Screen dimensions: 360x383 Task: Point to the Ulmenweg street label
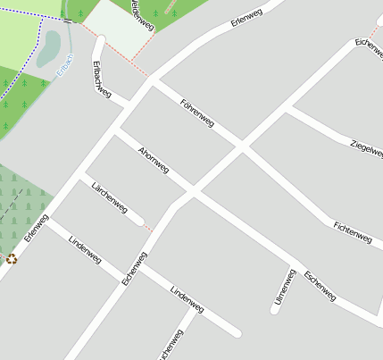tap(284, 287)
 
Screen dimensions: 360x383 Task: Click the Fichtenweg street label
tap(352, 231)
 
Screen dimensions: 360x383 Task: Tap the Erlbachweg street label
tap(101, 79)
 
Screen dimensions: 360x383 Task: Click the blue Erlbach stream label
tap(62, 68)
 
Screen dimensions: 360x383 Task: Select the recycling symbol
tap(12, 259)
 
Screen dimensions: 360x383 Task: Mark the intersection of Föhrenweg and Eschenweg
tap(242, 146)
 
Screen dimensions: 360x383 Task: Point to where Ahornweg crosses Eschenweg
tap(192, 191)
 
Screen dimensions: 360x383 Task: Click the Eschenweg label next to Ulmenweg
tap(320, 285)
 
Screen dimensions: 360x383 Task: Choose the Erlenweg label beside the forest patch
tap(37, 229)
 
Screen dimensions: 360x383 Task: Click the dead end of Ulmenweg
tap(275, 310)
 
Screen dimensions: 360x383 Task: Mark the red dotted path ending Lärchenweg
tap(148, 226)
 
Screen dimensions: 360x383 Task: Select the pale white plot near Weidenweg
tap(119, 27)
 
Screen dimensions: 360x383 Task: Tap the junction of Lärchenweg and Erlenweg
tap(83, 175)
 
